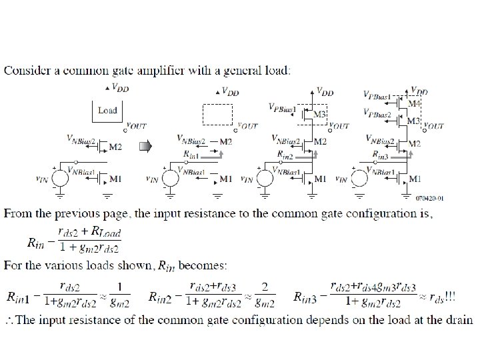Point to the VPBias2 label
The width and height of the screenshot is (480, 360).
[377, 115]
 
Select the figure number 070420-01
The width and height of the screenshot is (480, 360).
[429, 198]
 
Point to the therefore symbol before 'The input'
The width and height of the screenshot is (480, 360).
[9, 320]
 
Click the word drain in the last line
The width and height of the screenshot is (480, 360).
[458, 320]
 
